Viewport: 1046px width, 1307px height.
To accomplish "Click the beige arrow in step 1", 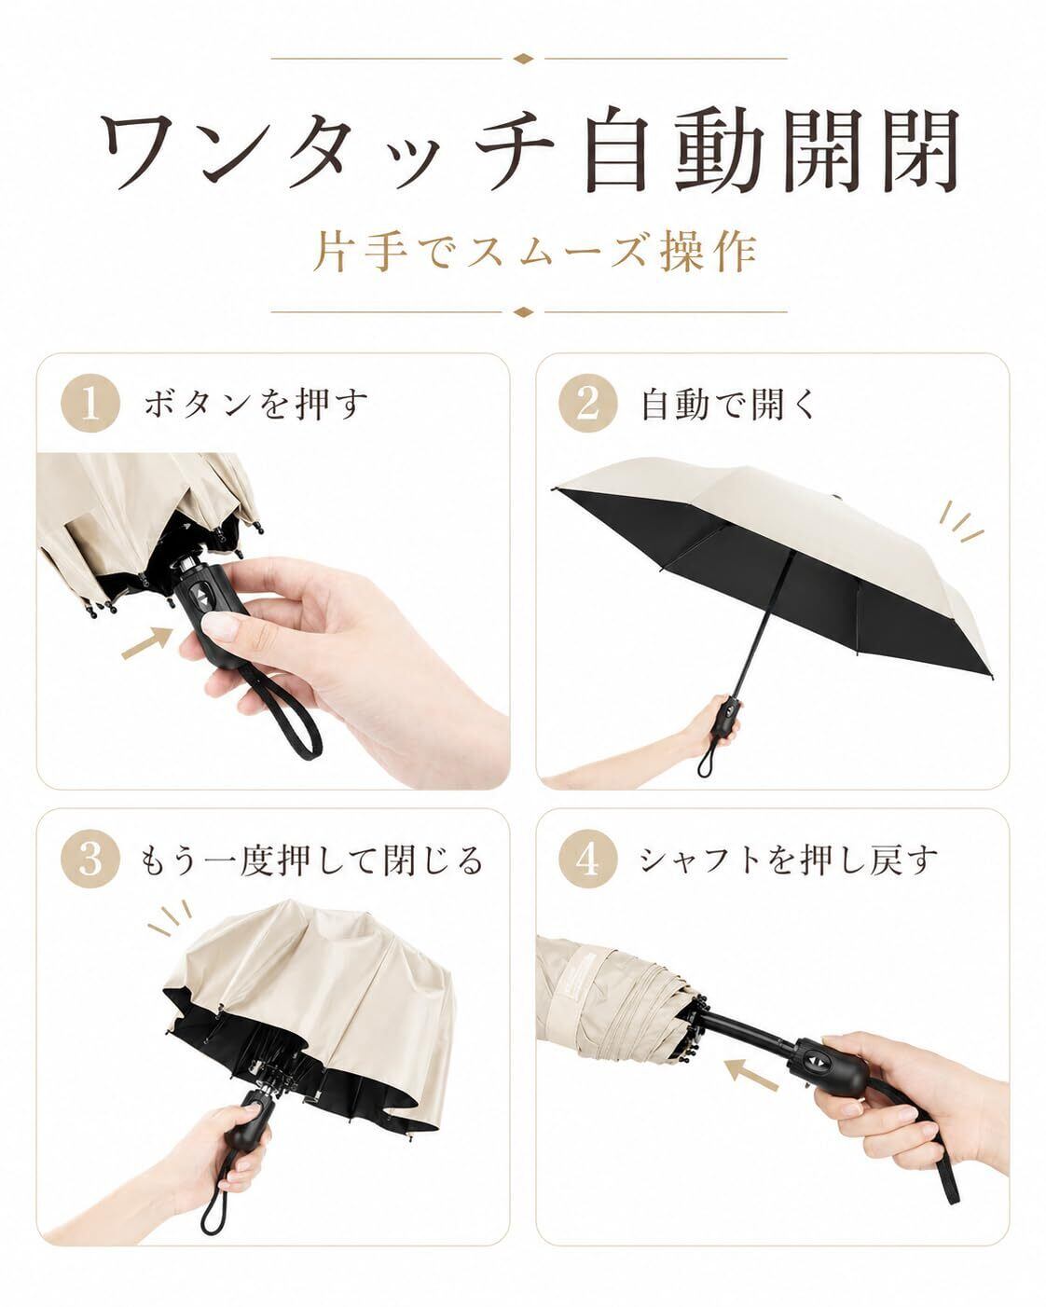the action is (x=147, y=643).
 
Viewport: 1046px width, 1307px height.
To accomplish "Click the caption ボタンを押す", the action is (x=255, y=404).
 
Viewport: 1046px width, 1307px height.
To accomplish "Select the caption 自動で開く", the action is (x=730, y=404).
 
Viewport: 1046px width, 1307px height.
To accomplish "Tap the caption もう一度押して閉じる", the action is (x=311, y=860).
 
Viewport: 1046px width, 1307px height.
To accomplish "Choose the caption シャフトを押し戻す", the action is (x=789, y=860).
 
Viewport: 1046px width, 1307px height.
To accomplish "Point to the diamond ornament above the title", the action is (x=523, y=59).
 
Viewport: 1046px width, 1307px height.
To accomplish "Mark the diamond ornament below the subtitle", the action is (x=523, y=312).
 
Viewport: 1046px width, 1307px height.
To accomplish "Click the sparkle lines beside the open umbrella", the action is (x=960, y=521).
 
